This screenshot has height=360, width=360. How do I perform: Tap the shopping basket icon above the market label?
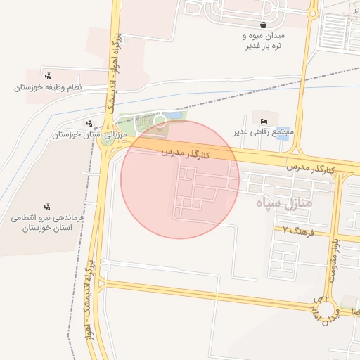click(x=262, y=25)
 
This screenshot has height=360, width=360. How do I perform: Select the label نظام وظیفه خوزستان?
click(x=48, y=88)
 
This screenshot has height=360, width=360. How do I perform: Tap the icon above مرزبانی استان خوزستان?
click(x=88, y=122)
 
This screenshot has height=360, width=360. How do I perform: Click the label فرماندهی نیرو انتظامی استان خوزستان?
click(x=47, y=224)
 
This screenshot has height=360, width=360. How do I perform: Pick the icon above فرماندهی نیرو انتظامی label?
click(x=47, y=207)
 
